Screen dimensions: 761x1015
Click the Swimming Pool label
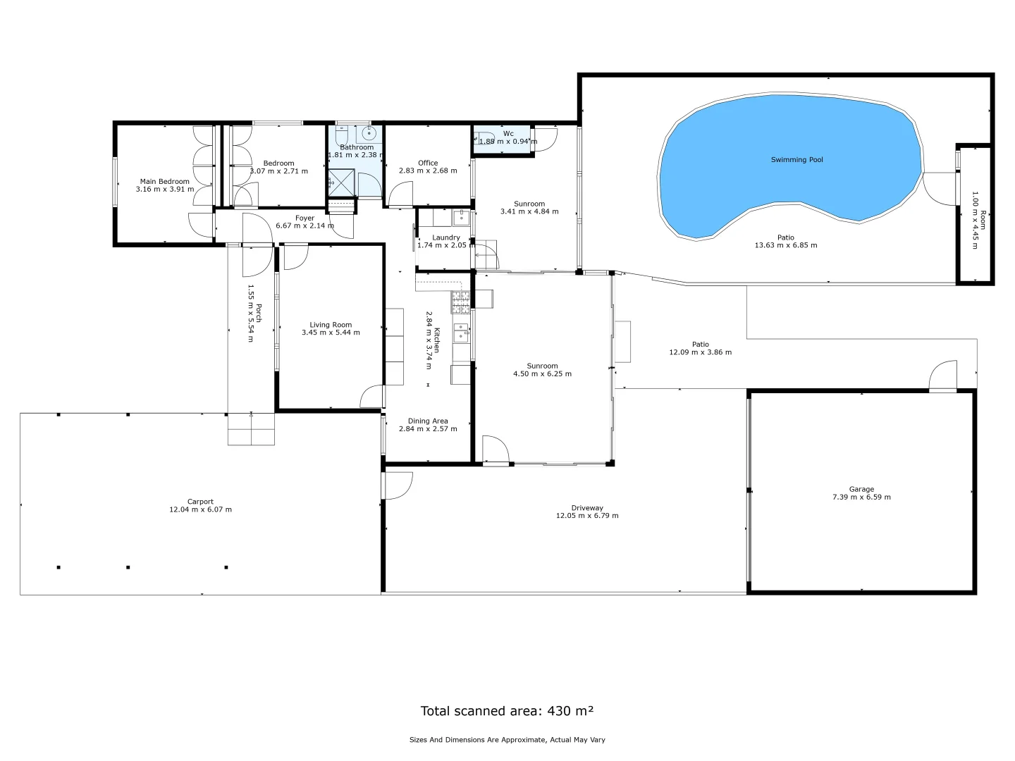(x=796, y=160)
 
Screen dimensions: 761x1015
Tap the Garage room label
(x=861, y=489)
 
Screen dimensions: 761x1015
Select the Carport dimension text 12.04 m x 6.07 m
(x=200, y=509)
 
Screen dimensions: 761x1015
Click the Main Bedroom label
(x=164, y=181)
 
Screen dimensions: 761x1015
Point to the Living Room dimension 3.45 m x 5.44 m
(x=331, y=333)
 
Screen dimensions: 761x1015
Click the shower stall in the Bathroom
(x=342, y=182)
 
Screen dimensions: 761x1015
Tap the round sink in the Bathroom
(x=369, y=133)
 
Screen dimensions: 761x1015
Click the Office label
(x=428, y=163)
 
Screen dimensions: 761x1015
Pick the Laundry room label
(x=446, y=237)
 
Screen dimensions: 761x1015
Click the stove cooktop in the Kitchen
(x=460, y=302)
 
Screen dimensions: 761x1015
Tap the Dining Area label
(x=428, y=421)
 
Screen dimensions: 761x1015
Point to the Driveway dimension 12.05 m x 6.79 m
(x=587, y=516)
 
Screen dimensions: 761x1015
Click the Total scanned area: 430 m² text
(x=507, y=711)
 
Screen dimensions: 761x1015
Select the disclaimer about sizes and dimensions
(x=507, y=740)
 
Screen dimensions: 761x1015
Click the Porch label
(x=259, y=314)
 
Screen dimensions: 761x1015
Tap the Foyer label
(x=304, y=218)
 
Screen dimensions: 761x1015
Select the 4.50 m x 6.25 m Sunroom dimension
(x=542, y=374)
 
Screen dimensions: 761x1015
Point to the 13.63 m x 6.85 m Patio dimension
(x=785, y=245)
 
